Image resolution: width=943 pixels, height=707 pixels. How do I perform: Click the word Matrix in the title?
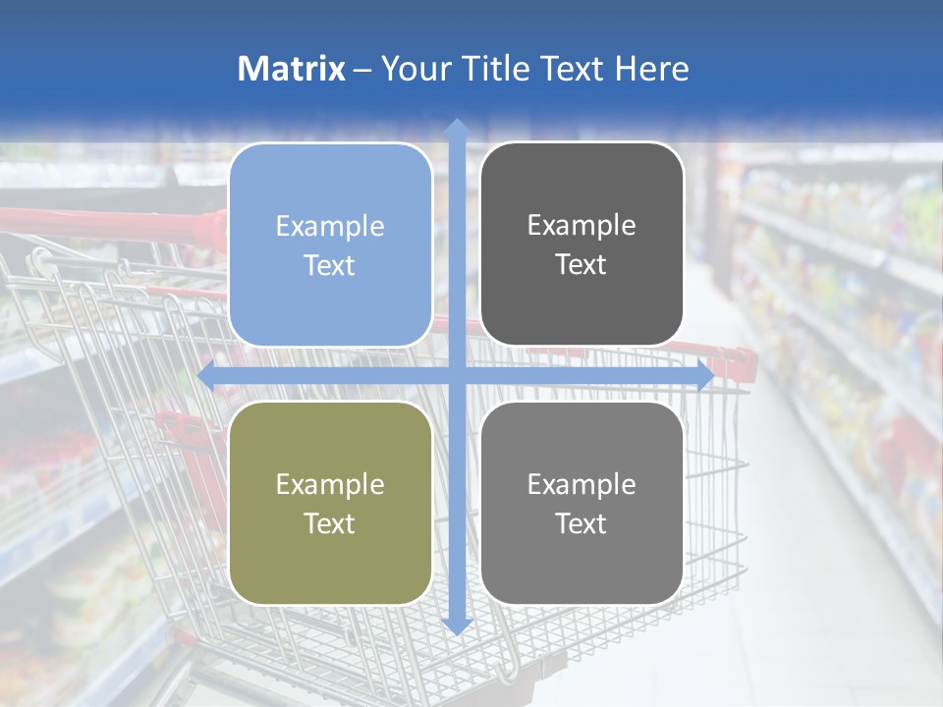tap(292, 69)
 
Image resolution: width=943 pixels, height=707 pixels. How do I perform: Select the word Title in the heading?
tap(489, 69)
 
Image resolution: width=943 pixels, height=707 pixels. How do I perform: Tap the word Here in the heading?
tap(652, 69)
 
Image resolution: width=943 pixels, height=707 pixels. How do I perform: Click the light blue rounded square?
tap(330, 245)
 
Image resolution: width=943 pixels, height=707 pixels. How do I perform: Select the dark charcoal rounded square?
tap(582, 245)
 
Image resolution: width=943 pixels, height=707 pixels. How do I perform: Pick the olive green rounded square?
tap(330, 503)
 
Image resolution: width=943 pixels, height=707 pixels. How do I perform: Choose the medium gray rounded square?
tap(582, 503)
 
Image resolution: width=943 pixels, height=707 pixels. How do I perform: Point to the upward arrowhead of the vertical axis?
tap(456, 129)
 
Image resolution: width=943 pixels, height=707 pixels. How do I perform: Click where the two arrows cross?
tap(456, 376)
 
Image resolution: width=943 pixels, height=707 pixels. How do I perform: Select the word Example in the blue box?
tap(330, 226)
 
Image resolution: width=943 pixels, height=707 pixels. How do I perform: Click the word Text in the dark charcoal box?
tap(582, 265)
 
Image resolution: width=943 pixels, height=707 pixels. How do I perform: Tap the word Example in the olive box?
tap(330, 484)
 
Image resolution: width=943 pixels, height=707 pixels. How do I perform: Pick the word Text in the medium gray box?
tap(582, 523)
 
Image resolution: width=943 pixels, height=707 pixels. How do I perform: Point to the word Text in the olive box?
tap(330, 523)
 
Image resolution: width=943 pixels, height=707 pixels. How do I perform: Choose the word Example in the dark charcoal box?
tap(582, 225)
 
